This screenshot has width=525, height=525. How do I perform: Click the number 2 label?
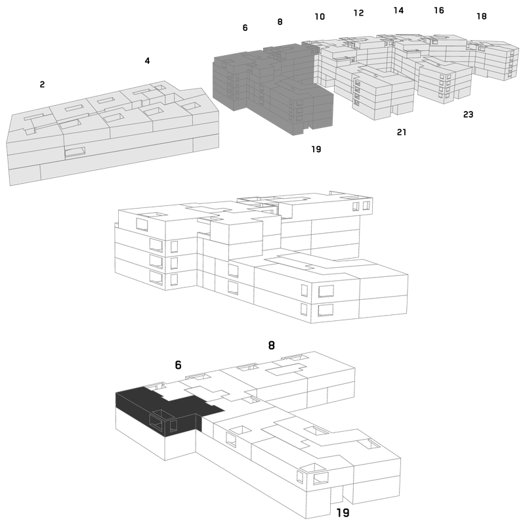[x=42, y=85]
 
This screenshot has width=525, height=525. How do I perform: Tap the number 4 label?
[x=147, y=60]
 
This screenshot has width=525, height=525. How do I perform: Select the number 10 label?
[x=320, y=16]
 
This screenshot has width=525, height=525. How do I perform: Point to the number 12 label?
[x=358, y=12]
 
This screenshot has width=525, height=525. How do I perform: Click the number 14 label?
[x=398, y=10]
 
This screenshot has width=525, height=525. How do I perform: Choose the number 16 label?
[x=439, y=10]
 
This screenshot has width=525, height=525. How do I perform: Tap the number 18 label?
[x=482, y=16]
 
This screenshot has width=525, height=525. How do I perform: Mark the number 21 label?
[x=402, y=133]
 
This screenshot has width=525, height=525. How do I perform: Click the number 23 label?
[x=468, y=114]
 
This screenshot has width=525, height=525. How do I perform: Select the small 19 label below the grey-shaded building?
[x=316, y=149]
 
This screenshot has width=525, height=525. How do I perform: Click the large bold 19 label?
[x=343, y=513]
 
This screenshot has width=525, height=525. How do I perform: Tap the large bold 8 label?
[x=272, y=345]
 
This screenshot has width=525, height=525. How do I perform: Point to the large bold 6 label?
[x=178, y=365]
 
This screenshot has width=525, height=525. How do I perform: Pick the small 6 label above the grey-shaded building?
[x=245, y=28]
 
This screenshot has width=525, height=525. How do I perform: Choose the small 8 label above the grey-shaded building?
[x=280, y=22]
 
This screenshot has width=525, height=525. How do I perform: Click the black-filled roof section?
[x=167, y=401]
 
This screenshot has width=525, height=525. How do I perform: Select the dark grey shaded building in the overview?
[x=273, y=89]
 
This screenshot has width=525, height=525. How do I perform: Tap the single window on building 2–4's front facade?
[x=75, y=152]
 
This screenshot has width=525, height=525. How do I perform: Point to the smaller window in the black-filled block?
[x=173, y=425]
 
